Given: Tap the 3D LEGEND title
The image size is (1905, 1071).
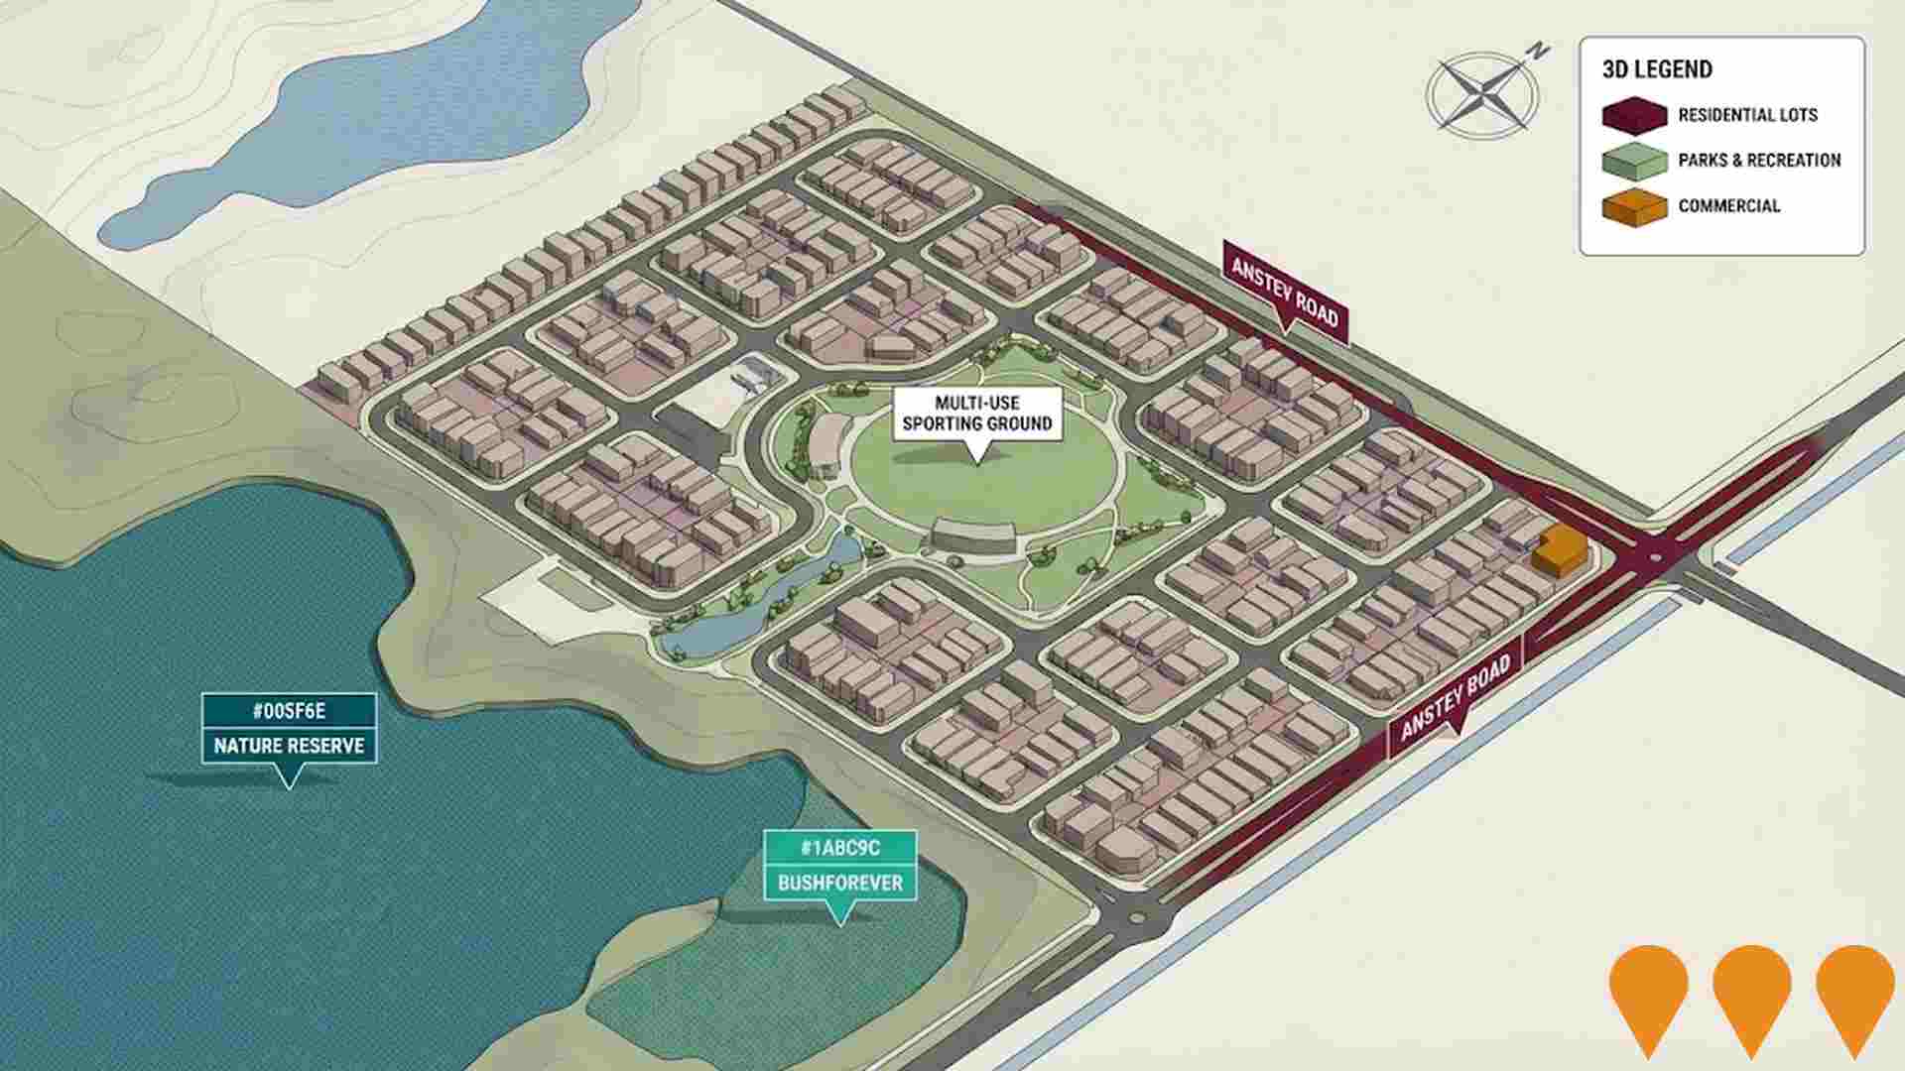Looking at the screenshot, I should [x=1657, y=69].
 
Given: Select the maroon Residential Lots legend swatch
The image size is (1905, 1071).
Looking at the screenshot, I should [x=1634, y=115].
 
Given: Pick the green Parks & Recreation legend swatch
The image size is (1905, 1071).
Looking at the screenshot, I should [x=1634, y=161].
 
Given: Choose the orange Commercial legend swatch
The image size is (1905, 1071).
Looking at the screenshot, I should [x=1634, y=207].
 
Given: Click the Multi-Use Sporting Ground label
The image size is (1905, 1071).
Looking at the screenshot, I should [x=977, y=414].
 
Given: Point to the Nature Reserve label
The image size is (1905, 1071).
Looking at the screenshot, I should [x=289, y=746].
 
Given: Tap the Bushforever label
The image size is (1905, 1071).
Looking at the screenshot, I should [x=839, y=883].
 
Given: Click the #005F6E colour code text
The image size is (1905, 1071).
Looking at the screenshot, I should [x=289, y=711].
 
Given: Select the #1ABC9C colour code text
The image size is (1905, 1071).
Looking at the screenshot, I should [x=839, y=848].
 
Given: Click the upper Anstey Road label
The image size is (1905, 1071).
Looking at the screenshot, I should [x=1285, y=291].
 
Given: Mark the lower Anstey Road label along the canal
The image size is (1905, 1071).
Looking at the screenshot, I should [x=1455, y=698].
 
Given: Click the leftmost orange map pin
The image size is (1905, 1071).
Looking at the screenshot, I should [x=1648, y=992].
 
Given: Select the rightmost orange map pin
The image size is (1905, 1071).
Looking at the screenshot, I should [x=1854, y=992].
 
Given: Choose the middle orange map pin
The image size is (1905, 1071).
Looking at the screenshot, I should [x=1751, y=992].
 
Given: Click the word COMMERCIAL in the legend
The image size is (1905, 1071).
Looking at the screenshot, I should [x=1728, y=206].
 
